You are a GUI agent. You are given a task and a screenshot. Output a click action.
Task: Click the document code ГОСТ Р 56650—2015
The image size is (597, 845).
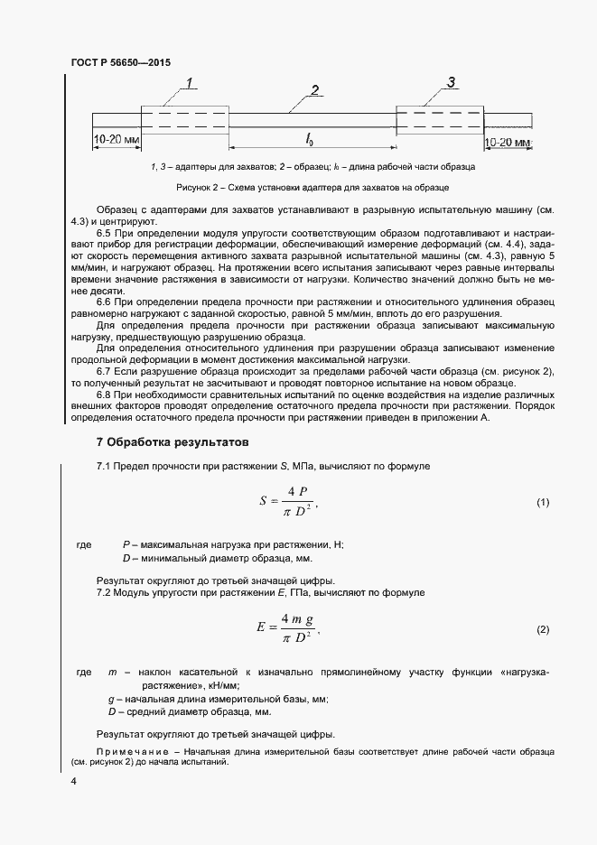tap(120, 63)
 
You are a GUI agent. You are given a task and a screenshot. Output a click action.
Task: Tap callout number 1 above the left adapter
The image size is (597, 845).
tap(191, 84)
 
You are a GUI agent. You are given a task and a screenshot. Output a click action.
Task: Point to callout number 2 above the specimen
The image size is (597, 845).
tap(314, 89)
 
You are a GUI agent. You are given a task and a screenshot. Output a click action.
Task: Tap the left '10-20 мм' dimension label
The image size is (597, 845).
tap(116, 141)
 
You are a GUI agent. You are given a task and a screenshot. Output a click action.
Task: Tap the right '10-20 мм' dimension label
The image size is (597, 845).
tap(508, 143)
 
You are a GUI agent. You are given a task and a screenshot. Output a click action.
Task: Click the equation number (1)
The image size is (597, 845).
tap(542, 502)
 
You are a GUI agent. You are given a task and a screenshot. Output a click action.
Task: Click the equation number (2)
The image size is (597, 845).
tap(542, 629)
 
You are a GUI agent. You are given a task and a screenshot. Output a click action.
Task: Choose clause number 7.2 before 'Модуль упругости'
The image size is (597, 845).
tap(107, 592)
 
